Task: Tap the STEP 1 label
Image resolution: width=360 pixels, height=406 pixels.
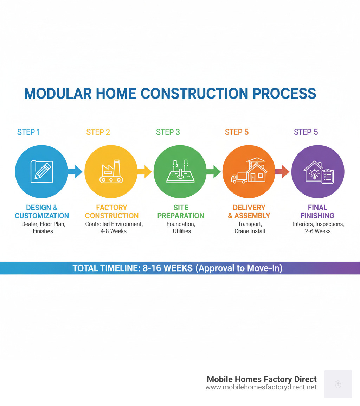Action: pos(28,132)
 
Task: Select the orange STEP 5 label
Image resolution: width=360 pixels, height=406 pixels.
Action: pos(237,132)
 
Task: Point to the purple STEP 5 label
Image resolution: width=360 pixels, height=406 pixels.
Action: pos(306,132)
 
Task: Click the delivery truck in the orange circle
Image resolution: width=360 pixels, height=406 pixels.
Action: pos(238,178)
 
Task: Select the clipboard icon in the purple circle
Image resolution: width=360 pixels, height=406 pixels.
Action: pos(328,176)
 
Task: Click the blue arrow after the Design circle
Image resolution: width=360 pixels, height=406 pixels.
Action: pos(75,172)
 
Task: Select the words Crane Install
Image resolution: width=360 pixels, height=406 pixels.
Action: pos(250,231)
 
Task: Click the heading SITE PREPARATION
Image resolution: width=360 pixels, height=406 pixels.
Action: pos(181,212)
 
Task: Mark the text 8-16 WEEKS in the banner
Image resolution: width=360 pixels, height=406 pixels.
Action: pos(167,268)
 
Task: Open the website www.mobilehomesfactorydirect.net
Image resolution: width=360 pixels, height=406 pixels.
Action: pos(261,387)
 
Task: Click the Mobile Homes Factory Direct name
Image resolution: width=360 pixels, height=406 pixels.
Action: pos(262,379)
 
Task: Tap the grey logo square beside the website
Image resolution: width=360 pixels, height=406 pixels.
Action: pos(338,384)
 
